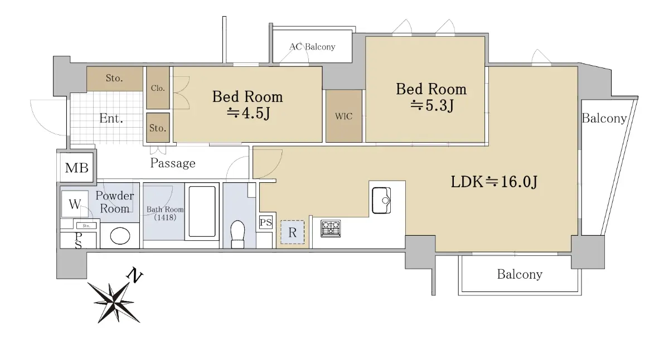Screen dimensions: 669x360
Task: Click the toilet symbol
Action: point(237,234)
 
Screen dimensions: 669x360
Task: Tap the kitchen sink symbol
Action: point(381,200)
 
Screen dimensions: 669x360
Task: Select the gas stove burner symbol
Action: point(331,228)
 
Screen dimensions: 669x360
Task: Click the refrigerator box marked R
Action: point(292,232)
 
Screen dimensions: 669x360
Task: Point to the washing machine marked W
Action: point(75,204)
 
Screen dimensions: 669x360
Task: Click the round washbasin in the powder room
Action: point(120,236)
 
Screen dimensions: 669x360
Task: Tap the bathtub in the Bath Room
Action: point(202,211)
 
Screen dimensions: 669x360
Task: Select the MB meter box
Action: point(77,168)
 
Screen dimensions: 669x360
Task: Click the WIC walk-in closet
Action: point(344,116)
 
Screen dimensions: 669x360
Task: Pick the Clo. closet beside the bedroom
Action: point(158,87)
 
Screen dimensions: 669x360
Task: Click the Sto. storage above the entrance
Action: point(114,79)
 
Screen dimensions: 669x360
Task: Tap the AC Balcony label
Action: point(312,47)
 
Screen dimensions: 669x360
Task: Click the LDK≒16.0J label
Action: point(494,182)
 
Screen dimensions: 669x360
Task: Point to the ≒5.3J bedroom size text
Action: point(432,105)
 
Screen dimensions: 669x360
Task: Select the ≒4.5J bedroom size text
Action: point(248,113)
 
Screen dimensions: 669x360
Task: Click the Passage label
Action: point(173,163)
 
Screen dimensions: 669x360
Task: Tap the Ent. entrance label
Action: point(111,119)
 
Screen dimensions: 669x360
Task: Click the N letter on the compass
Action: point(134,275)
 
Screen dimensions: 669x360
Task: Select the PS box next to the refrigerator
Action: point(266,222)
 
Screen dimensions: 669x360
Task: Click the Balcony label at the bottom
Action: point(520,275)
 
